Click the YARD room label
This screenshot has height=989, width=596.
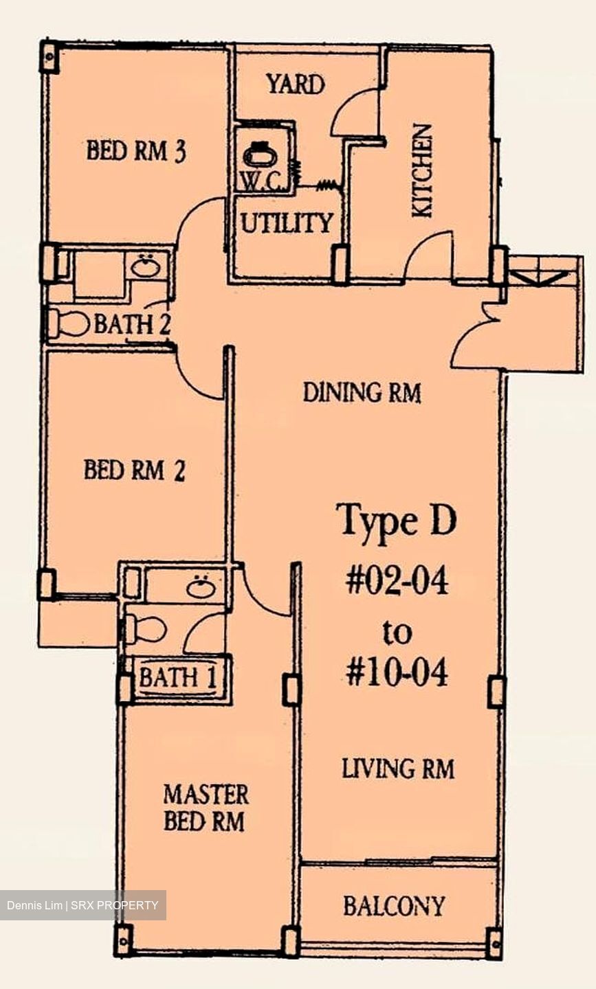tap(296, 84)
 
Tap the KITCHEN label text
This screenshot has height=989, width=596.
tap(422, 170)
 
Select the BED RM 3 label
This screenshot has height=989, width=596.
tap(136, 150)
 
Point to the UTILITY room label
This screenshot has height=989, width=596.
tap(286, 223)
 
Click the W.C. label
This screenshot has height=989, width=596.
tap(256, 181)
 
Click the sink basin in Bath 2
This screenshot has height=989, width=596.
tap(145, 266)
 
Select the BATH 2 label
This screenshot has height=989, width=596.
tap(132, 323)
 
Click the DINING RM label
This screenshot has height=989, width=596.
tap(362, 393)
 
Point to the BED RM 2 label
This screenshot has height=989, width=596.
tap(134, 470)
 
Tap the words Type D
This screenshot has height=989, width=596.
tap(396, 521)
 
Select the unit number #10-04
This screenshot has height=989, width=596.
tap(397, 672)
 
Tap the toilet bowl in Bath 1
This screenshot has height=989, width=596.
tap(148, 628)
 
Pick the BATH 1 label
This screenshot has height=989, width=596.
tap(177, 678)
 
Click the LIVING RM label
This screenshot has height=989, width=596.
tap(398, 769)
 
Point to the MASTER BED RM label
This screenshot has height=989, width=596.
tap(205, 808)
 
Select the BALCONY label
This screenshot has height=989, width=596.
tap(394, 906)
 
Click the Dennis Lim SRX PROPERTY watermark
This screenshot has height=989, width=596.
tap(82, 905)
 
